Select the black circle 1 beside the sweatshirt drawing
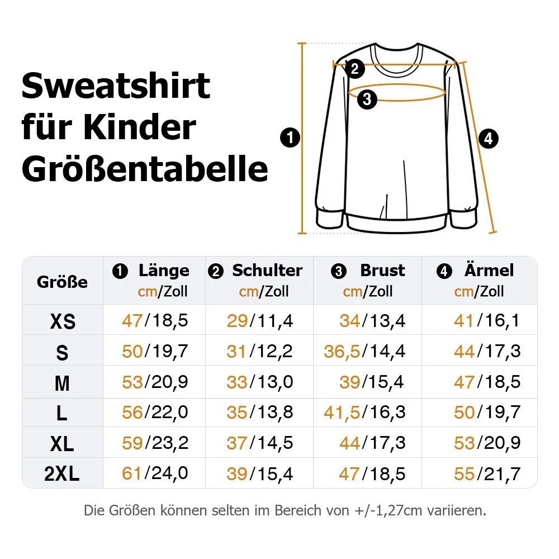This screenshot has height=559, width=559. [291, 138]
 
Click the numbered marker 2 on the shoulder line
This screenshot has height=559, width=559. [354, 69]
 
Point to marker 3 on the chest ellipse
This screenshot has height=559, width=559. [367, 100]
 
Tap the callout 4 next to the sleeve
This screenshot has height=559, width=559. [488, 138]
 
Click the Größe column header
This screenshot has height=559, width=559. [62, 282]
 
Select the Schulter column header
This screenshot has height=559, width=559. [267, 271]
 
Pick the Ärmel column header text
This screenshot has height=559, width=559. [489, 271]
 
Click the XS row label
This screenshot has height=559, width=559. [62, 322]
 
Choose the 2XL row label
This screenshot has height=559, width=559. [62, 475]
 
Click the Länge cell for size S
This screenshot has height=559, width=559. [155, 351]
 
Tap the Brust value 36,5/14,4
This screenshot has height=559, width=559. [364, 351]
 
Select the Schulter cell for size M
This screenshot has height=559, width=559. [259, 382]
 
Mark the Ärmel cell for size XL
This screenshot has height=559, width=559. [487, 443]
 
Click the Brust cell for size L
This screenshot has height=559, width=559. [364, 413]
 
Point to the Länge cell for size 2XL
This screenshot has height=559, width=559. [155, 473]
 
